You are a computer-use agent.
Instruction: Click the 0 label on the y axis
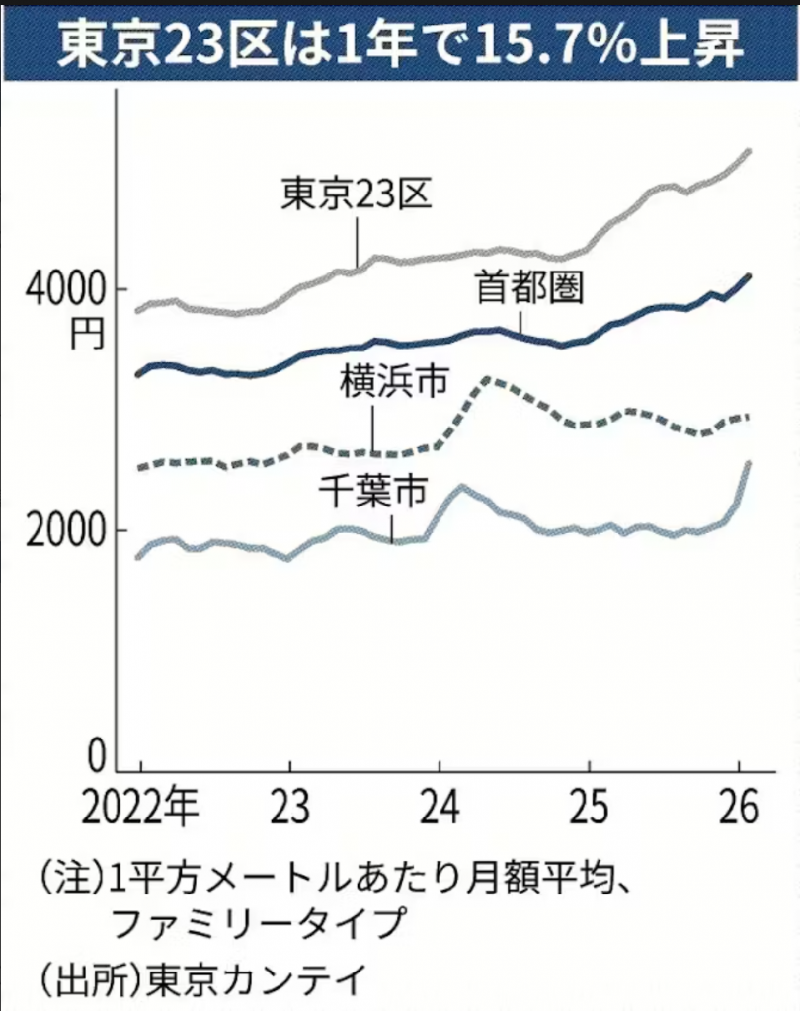point(95,758)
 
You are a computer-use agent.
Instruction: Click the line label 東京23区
point(357,193)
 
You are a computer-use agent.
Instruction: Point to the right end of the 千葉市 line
point(748,463)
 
